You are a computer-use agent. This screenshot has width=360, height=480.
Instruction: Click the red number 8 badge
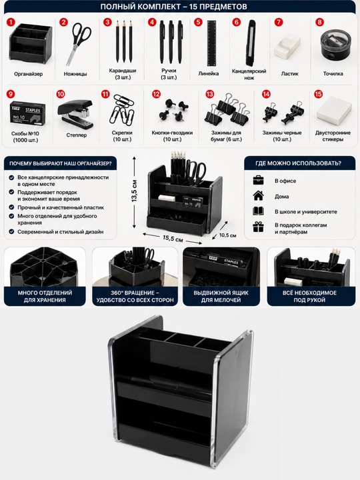[319, 22]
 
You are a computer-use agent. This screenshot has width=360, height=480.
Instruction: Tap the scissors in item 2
[79, 43]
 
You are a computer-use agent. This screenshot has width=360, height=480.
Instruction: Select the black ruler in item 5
[212, 43]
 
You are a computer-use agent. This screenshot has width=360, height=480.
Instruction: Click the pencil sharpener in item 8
[335, 47]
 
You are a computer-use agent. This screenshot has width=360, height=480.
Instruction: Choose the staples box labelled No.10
[27, 113]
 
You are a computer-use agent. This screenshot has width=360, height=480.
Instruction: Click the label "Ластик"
[289, 74]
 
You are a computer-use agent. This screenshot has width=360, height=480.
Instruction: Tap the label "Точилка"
[333, 74]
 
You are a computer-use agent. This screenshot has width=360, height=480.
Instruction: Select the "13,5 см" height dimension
[135, 191]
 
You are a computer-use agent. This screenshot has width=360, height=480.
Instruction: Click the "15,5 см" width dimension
[173, 238]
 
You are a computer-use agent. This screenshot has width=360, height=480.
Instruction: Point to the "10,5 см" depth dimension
[228, 235]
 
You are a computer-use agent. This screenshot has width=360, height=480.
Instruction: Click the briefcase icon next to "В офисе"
[259, 180]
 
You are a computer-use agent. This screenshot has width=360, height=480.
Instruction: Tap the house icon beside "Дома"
[259, 195]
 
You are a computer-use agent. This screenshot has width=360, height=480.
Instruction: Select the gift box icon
[259, 227]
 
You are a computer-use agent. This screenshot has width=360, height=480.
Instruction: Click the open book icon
[259, 211]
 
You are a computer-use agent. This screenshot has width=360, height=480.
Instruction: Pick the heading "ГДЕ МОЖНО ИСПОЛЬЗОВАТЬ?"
[298, 163]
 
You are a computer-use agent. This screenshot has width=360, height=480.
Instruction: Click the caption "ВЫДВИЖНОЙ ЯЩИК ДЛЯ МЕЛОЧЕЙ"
[221, 296]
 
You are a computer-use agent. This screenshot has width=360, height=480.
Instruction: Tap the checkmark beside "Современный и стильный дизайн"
[11, 232]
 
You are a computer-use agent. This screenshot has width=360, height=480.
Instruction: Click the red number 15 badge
[319, 94]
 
